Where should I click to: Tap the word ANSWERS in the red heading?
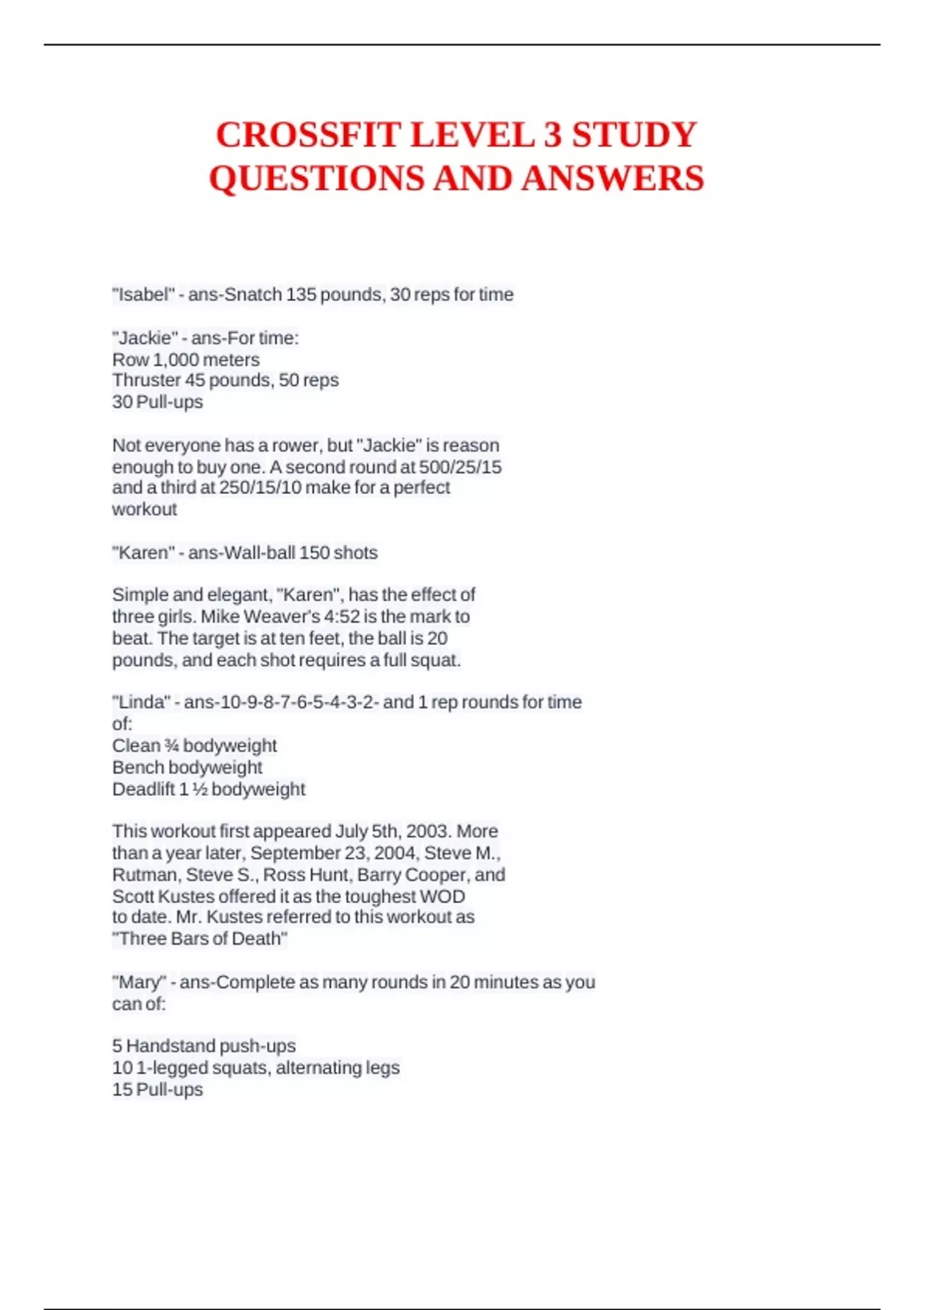[613, 179]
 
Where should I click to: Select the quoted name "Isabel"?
[143, 294]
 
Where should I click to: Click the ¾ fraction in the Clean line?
[171, 746]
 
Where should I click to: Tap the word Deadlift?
[143, 789]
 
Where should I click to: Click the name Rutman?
[144, 875]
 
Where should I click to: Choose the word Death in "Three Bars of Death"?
[258, 939]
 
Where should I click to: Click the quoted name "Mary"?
[139, 982]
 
